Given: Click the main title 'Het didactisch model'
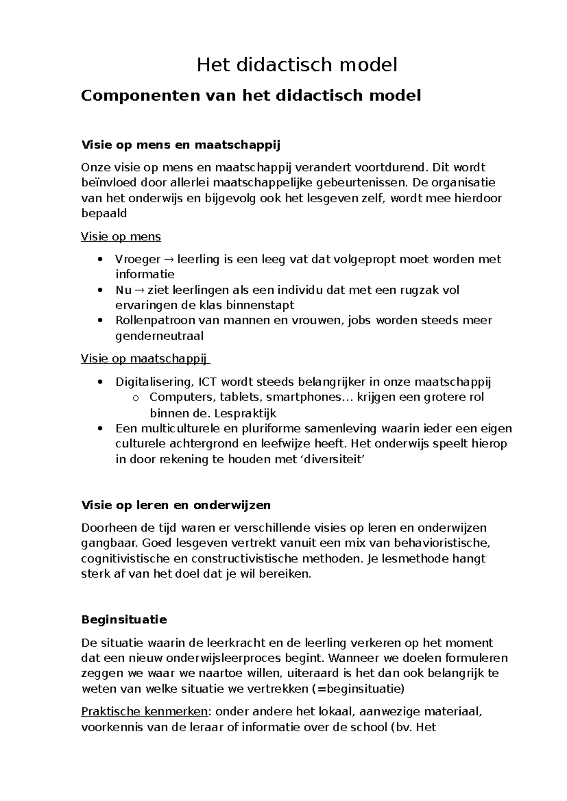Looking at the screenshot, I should point(297,65).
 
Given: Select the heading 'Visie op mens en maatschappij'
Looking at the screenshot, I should point(180,145).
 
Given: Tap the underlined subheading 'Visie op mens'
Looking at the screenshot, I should point(121,237).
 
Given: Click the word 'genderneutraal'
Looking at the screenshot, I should point(159,336).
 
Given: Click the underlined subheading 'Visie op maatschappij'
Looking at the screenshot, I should point(145,359).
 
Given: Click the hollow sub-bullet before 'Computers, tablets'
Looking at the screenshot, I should point(136,398).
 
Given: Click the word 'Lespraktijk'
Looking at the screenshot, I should point(245,414).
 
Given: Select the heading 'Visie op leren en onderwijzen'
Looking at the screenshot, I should point(176,505).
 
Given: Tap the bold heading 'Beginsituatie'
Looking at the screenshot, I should point(124,620).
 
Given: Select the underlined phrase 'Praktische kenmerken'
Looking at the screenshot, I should point(144,712).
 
